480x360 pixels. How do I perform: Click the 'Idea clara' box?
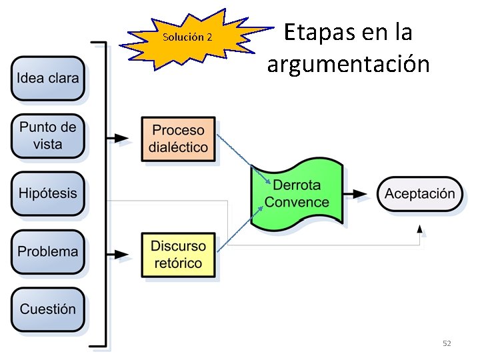[48, 79]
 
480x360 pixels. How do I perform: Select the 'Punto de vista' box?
[48, 135]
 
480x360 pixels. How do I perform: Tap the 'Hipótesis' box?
[48, 194]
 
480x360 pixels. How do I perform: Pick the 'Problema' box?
[48, 252]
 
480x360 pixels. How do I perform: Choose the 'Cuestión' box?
[48, 309]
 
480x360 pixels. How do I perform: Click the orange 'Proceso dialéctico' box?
[179, 139]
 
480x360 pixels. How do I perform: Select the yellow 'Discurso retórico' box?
[179, 254]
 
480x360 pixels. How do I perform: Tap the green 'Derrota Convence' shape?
[297, 194]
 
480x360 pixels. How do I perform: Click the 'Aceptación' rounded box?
[420, 194]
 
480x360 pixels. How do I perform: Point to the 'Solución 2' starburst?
[187, 37]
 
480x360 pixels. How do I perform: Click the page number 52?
[447, 343]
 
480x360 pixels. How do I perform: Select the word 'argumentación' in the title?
[348, 65]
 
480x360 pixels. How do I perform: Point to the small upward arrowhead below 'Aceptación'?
[419, 229]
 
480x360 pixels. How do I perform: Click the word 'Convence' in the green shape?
[297, 202]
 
